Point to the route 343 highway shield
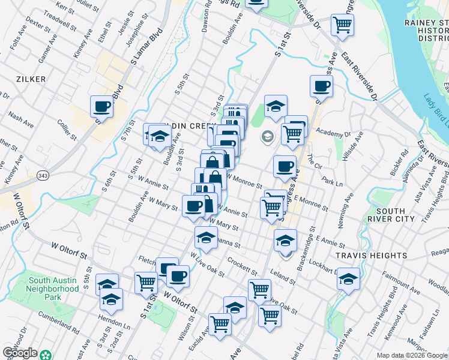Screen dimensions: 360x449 pos(42,175)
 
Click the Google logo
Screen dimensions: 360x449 pos(20,353)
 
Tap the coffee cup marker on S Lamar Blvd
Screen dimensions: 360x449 pos(101,107)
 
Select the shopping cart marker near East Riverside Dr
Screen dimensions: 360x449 pos(342,25)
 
